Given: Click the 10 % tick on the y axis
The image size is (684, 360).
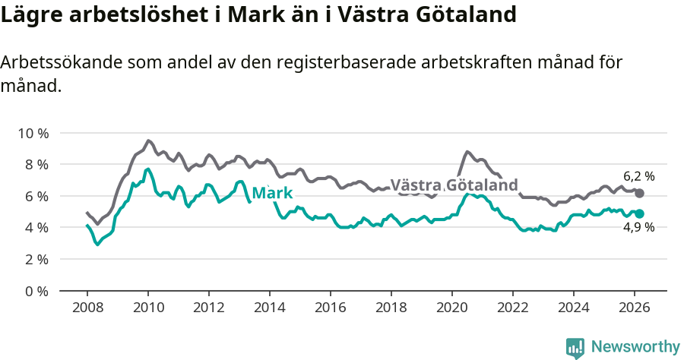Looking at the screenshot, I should [33, 133].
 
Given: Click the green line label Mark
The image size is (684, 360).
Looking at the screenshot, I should [272, 194].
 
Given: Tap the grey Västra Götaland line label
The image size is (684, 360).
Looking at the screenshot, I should [454, 185].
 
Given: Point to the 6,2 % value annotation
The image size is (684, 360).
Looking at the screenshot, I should [638, 176].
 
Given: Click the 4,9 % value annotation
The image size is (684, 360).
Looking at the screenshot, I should [638, 227].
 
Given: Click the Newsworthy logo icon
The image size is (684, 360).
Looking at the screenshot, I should [575, 347].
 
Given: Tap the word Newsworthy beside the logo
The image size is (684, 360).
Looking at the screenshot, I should [635, 347].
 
